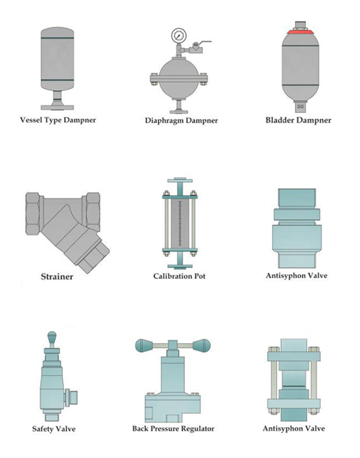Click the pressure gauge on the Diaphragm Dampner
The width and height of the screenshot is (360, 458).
coord(178,35)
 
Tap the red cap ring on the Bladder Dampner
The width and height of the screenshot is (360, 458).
coord(300,32)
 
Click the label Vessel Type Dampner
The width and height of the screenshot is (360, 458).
coord(58,120)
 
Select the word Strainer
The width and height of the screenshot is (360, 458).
coord(57,277)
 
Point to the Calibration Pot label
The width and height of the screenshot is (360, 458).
coord(179,276)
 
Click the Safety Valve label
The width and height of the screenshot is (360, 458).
coord(54,429)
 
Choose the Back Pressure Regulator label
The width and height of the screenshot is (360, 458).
coord(173,428)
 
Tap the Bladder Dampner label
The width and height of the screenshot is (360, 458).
coord(298,120)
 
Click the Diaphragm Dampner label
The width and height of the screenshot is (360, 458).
coord(181,120)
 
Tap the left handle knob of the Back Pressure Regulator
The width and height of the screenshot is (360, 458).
coord(144,346)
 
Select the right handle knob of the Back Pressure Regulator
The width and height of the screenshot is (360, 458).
coord(201,346)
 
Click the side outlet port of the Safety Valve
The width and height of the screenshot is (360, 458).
coord(71,397)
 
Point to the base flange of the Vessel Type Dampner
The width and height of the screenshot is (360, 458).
coord(57,107)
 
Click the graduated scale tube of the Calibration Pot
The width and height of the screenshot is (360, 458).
coord(179,224)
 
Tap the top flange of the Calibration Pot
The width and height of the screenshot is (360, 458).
coord(180,180)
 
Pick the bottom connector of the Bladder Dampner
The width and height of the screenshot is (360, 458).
coord(301,107)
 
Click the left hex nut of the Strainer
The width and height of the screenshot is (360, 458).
coord(33,214)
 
